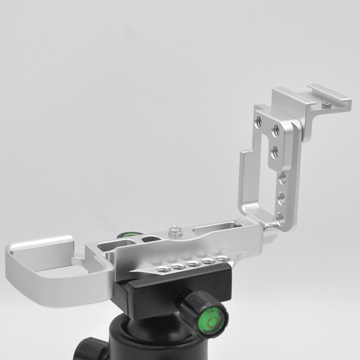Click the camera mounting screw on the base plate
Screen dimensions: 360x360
tap(174, 231)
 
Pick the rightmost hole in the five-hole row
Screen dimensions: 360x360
tap(222, 259)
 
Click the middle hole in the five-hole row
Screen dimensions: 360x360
tap(194, 264)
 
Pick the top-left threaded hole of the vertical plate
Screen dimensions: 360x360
tap(259, 121)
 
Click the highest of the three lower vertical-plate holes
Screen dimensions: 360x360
tap(283, 177)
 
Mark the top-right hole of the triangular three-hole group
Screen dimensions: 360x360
tap(276, 130)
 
